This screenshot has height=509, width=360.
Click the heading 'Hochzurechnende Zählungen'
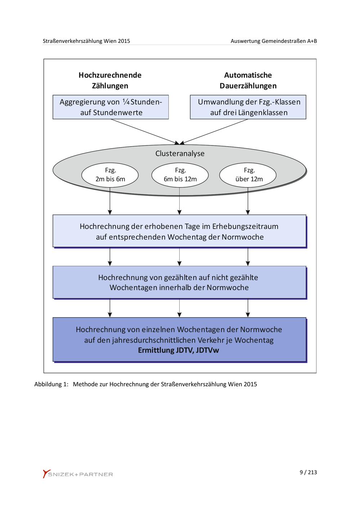(x=110, y=80)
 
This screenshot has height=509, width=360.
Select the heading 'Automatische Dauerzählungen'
(x=248, y=80)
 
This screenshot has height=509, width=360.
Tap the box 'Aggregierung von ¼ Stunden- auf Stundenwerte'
(x=111, y=107)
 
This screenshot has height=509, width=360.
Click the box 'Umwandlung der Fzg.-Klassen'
(x=248, y=107)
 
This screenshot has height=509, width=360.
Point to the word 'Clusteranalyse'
(x=180, y=154)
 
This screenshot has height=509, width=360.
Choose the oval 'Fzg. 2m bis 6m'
(x=110, y=175)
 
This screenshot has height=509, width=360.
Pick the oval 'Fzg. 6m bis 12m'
(x=180, y=175)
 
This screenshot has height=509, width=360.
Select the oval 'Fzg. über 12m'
(x=248, y=175)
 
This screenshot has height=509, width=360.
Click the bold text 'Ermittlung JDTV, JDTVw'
(x=179, y=350)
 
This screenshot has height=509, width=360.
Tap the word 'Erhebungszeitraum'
(x=245, y=226)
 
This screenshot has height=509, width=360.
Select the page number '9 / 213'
(x=308, y=472)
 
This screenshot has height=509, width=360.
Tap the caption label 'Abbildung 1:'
(x=51, y=384)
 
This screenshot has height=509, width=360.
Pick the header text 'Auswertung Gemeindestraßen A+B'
(x=274, y=41)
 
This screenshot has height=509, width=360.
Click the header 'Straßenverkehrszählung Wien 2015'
(x=86, y=41)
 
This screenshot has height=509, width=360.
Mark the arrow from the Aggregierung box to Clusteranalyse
(x=145, y=132)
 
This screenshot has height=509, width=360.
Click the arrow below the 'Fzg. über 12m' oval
(x=248, y=201)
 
